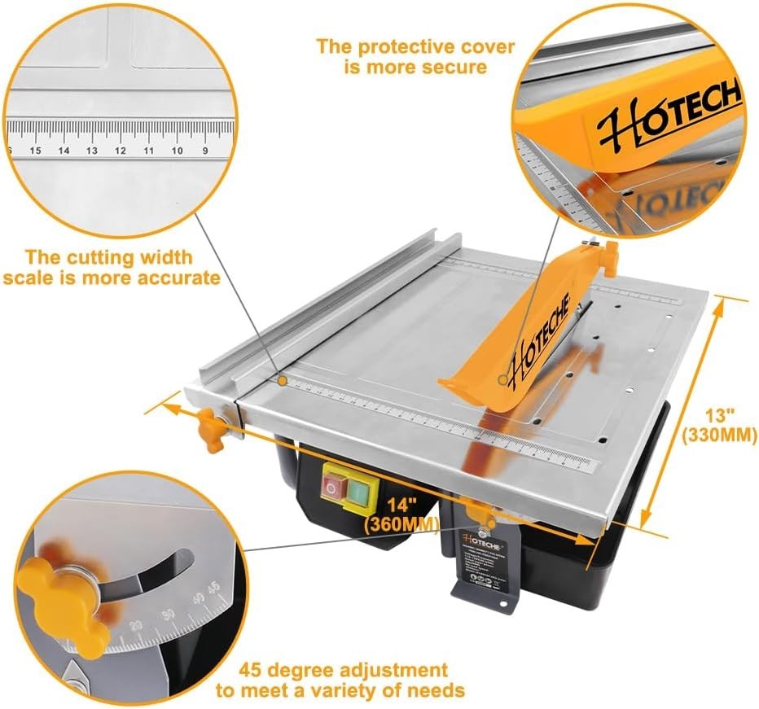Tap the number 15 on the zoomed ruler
tap(36, 151)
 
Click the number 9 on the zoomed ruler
tap(206, 151)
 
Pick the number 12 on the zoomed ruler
tap(121, 151)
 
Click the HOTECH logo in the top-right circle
tap(668, 114)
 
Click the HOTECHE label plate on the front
tap(485, 562)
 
